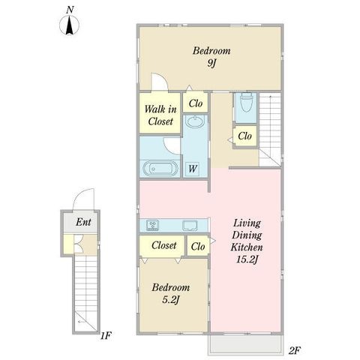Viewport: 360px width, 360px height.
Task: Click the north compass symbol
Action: click(x=69, y=25)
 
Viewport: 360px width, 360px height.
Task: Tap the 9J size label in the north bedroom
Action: click(x=211, y=63)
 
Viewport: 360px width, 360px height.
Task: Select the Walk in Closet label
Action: click(x=160, y=115)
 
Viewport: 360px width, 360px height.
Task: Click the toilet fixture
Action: click(x=246, y=103)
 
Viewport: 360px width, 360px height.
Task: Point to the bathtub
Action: click(x=160, y=168)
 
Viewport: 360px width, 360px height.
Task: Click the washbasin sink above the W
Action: click(x=196, y=121)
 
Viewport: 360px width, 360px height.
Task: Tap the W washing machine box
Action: click(x=193, y=169)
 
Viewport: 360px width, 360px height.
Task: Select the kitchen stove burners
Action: click(x=152, y=225)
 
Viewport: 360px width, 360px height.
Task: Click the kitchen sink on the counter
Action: click(x=190, y=226)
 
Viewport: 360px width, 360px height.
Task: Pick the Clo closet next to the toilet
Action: click(x=244, y=136)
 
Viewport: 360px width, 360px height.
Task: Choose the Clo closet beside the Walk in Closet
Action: click(x=196, y=103)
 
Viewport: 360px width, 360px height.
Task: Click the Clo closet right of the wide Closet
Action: click(x=198, y=247)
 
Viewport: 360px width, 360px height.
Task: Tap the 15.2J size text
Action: click(x=247, y=259)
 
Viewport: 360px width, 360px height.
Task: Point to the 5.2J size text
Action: click(x=171, y=299)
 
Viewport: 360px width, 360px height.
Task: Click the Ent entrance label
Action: click(x=83, y=222)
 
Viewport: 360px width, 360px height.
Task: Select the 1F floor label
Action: click(x=106, y=336)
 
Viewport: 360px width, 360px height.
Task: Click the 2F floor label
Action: click(x=294, y=351)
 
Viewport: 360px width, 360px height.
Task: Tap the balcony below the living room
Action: click(x=246, y=344)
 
